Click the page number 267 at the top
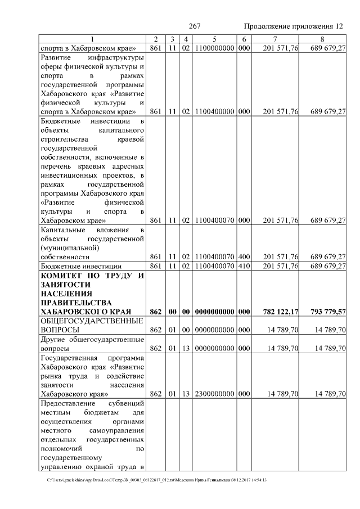click(195, 26)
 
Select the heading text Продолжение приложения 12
click(293, 26)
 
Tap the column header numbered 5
click(215, 39)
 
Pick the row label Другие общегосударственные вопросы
click(93, 344)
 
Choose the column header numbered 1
click(93, 39)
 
